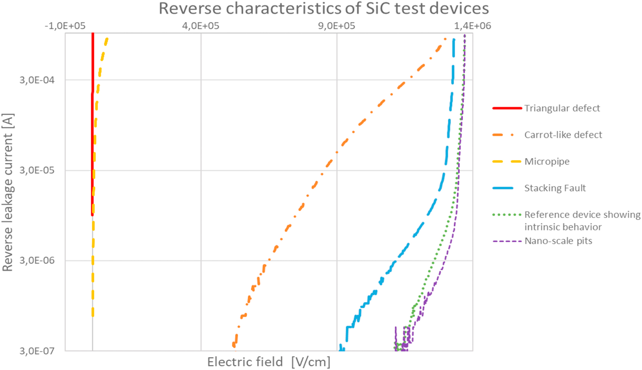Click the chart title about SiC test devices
324,8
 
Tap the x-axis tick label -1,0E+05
65,26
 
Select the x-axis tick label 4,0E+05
201,26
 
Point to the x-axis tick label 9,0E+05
337,26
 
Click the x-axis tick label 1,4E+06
473,26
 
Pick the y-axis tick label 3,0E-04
37,80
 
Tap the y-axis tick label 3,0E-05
37,170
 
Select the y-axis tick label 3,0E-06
37,260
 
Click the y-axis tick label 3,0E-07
37,351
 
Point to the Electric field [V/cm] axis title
269,362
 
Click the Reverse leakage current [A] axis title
7,192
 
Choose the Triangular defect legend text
562,108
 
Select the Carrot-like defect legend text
563,135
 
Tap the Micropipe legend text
547,161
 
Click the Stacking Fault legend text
555,188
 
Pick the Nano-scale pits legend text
558,241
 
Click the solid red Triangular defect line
93,149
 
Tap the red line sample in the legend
507,108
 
